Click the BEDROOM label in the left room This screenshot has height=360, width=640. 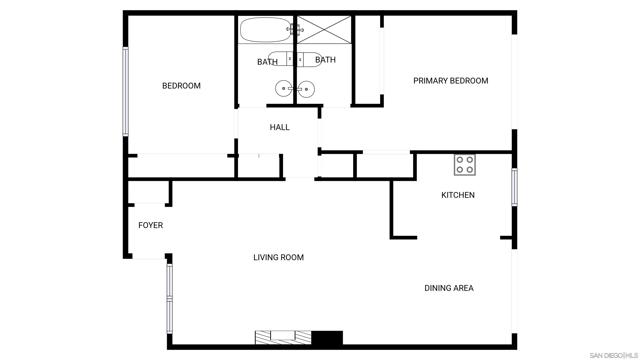pyautogui.click(x=181, y=86)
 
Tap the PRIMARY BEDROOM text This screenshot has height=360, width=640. pyautogui.click(x=450, y=81)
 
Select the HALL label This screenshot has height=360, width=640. pyautogui.click(x=279, y=127)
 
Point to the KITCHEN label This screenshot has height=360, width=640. pyautogui.click(x=458, y=195)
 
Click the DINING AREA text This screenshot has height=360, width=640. pyautogui.click(x=448, y=288)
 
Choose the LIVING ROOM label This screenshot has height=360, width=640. pyautogui.click(x=278, y=257)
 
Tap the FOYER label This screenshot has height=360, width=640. pyautogui.click(x=150, y=225)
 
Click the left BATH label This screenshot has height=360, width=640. pyautogui.click(x=267, y=62)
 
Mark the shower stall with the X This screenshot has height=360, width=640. pyautogui.click(x=323, y=29)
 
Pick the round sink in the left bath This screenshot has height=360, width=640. pyautogui.click(x=285, y=90)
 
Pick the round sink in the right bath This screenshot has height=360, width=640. pyautogui.click(x=307, y=90)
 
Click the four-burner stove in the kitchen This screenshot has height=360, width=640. pyautogui.click(x=465, y=162)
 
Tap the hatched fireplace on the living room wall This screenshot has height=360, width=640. pyautogui.click(x=283, y=337)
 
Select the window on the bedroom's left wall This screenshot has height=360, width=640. pyautogui.click(x=125, y=91)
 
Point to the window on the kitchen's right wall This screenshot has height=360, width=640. pyautogui.click(x=514, y=188)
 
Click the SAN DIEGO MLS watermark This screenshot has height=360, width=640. pyautogui.click(x=612, y=354)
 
